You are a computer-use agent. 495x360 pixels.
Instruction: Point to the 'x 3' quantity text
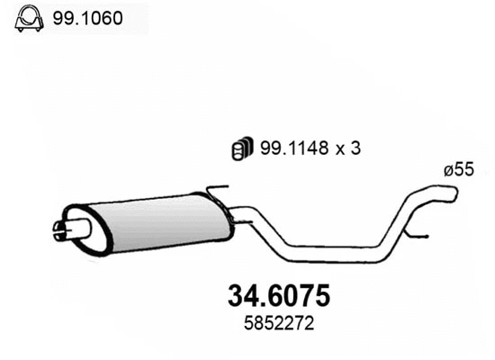(x=348, y=150)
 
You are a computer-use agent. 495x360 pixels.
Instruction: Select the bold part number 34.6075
(x=275, y=296)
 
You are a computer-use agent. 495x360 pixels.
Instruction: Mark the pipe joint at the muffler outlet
(x=236, y=215)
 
